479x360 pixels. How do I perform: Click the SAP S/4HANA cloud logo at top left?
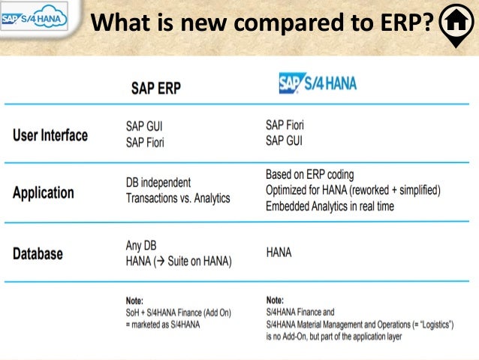point(35,18)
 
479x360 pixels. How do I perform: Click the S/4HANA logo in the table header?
point(318,83)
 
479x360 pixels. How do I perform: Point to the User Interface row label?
point(50,135)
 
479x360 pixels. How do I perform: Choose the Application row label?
point(44,192)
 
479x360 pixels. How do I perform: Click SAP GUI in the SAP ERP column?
point(144,127)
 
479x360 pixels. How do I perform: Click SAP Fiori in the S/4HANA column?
point(285,126)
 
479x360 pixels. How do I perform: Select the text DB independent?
point(158,183)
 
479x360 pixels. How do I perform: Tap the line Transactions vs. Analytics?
point(178,198)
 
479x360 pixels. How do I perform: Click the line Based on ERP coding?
point(309,175)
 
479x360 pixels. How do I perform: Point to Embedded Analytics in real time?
point(330,206)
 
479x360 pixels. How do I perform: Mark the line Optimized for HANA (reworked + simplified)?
point(353,190)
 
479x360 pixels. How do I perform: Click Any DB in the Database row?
point(140,246)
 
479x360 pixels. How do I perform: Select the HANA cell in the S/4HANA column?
point(279,253)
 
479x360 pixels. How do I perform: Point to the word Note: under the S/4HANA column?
point(275,299)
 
